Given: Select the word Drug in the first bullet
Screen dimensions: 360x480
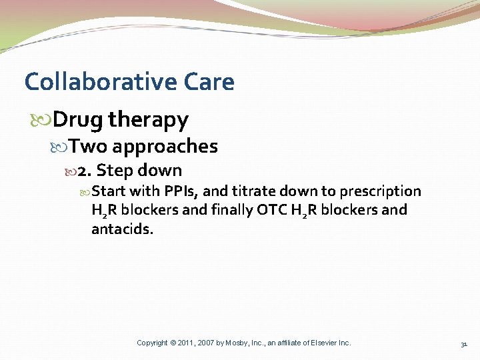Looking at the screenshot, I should [x=77, y=120].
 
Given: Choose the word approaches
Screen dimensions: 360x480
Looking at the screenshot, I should [x=165, y=146].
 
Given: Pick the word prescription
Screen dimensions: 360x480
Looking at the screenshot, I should [x=380, y=192].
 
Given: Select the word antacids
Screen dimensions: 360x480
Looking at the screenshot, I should [x=122, y=229].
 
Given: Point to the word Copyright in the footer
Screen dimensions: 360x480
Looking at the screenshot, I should [x=152, y=343].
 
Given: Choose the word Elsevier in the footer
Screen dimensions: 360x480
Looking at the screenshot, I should [x=321, y=343].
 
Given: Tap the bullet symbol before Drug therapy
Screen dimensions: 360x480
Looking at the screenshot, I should [x=45, y=121].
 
